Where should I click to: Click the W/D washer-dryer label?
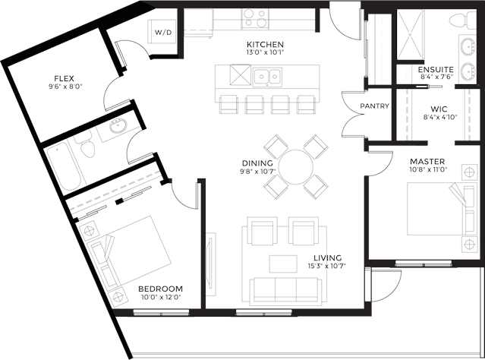point(163,32)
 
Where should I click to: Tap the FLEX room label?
point(64,78)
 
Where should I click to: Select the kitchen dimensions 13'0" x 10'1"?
point(265,52)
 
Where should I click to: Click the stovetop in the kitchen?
point(255,18)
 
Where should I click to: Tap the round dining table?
point(296,167)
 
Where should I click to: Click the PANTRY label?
point(375,106)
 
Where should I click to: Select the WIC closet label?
point(439,109)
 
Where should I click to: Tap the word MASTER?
point(427,161)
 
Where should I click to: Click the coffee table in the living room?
point(283,264)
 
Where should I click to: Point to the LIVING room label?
point(328,258)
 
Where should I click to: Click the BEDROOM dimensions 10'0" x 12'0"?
point(159,297)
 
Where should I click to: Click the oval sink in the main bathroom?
point(118,126)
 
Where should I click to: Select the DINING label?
point(257,163)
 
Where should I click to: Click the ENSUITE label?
point(436,69)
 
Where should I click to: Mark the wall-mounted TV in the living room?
point(211,264)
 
